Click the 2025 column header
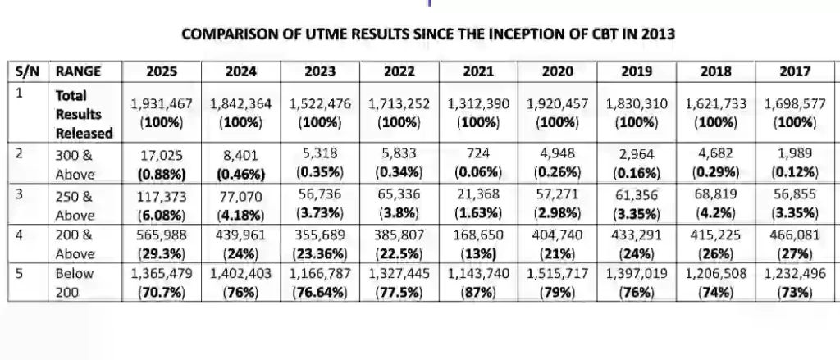(x=161, y=71)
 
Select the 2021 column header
(x=478, y=71)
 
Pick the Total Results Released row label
(x=79, y=114)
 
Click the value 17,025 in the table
(x=162, y=154)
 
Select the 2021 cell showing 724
(x=478, y=154)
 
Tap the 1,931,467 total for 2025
(x=162, y=105)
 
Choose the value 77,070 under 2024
(x=240, y=197)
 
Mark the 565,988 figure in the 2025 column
(x=162, y=235)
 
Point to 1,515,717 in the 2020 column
(x=558, y=274)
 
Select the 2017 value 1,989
(x=794, y=154)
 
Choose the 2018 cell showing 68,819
(x=715, y=197)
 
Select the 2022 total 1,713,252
(x=399, y=105)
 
